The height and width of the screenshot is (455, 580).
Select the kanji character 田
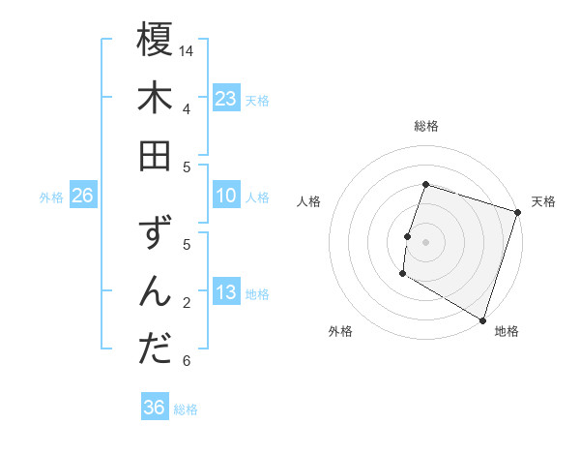coord(155,155)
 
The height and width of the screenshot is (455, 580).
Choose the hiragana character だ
coord(155,349)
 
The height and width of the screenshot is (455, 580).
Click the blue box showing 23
coord(225,98)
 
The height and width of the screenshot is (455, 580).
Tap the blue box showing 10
coord(225,197)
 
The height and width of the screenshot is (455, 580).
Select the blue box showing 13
coord(225,293)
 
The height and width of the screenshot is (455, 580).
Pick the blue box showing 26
coord(82,197)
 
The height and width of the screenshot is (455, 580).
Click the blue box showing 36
coord(155,408)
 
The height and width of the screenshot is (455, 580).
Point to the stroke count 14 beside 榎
coord(188,49)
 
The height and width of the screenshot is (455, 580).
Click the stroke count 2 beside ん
coord(187,303)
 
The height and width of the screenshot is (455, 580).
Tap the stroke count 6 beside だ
coord(187,361)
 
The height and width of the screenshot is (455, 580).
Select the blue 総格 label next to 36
coord(187,409)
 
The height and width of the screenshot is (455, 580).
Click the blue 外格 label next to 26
coord(51,197)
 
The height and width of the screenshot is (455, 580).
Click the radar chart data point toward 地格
coord(482,319)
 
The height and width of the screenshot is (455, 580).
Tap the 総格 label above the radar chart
coord(425,126)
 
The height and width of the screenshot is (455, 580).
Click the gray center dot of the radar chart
coord(425,242)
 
